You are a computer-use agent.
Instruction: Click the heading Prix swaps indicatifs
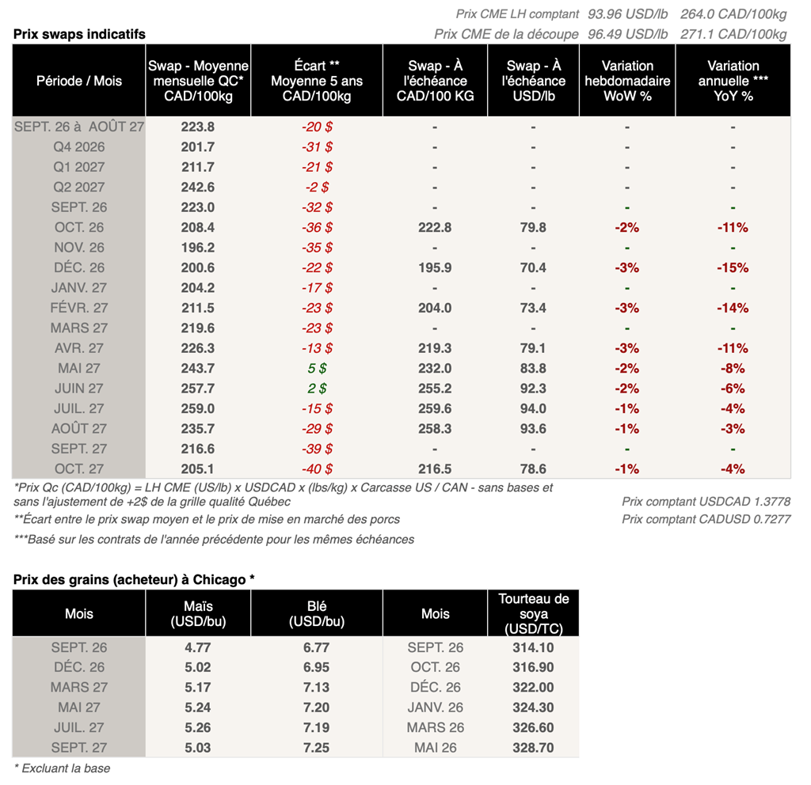tap(79, 34)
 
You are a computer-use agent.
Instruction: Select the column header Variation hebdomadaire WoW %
tap(627, 81)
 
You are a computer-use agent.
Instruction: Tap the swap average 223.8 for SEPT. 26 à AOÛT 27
tap(197, 127)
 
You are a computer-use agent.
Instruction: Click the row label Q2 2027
tap(79, 187)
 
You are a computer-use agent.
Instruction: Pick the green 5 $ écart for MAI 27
tap(317, 369)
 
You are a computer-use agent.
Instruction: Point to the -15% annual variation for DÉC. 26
tap(733, 267)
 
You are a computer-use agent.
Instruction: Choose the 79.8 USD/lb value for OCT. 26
tap(533, 227)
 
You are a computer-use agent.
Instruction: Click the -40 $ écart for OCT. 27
tap(317, 469)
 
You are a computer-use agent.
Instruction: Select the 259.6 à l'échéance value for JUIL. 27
tap(435, 409)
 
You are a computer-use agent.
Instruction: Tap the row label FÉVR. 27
tap(79, 308)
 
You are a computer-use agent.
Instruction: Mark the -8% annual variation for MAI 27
tap(733, 369)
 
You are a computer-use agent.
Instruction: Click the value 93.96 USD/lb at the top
tap(627, 14)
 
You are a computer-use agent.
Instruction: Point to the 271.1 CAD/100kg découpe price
tap(733, 34)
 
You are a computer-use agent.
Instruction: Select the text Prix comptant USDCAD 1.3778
tap(706, 502)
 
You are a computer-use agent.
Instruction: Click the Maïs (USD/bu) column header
tap(198, 613)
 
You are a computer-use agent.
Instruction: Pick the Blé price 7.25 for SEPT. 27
tap(317, 748)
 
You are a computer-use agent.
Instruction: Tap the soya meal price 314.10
tap(533, 647)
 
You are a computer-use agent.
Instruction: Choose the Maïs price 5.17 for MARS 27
tap(197, 688)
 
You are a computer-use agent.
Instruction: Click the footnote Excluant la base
tap(62, 768)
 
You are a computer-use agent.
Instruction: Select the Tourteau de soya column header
tap(533, 613)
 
